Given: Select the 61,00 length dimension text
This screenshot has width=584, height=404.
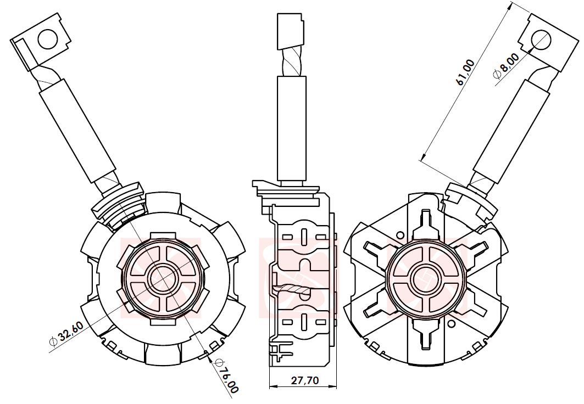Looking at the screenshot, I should pos(465,72).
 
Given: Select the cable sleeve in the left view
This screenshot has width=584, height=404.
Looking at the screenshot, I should pos(77,132).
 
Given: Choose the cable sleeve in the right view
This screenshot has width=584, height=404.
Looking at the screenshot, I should pos(511,132).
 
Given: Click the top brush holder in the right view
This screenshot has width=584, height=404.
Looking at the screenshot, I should pos(426,225).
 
